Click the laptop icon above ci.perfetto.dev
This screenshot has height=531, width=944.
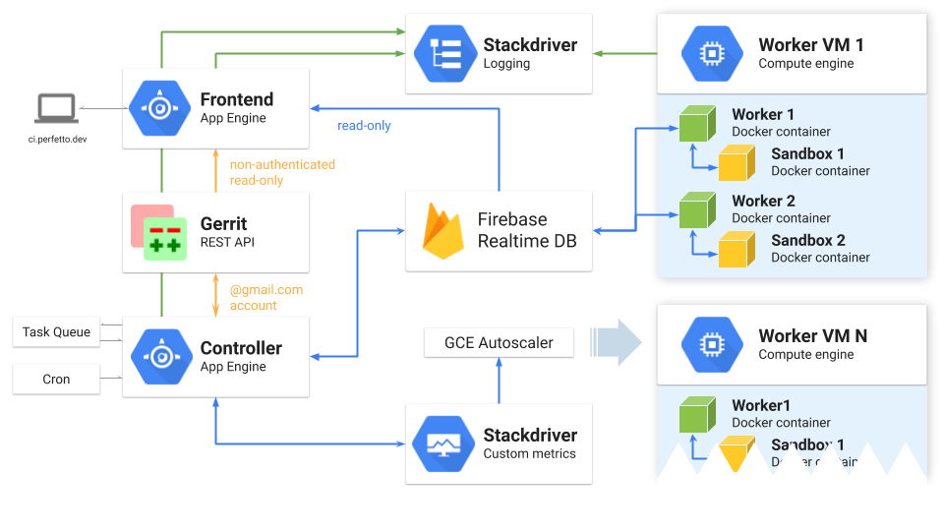point(57,108)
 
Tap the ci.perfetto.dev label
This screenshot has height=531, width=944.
point(57,140)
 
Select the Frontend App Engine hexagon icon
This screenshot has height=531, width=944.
point(158,107)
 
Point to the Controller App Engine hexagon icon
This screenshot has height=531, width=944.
point(158,357)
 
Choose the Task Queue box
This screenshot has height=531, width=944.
point(56,332)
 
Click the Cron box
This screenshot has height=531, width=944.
point(56,380)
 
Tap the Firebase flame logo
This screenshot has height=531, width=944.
point(442,231)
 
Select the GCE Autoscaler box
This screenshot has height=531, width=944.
point(499,343)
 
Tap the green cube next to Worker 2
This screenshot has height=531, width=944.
point(696,210)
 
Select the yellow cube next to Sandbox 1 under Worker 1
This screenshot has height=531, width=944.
point(736,163)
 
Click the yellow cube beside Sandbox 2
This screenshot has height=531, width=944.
point(736,250)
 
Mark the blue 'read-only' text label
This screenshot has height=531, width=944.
point(364,126)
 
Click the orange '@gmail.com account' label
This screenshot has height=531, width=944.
point(266,298)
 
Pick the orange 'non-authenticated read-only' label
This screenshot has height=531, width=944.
point(282,173)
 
